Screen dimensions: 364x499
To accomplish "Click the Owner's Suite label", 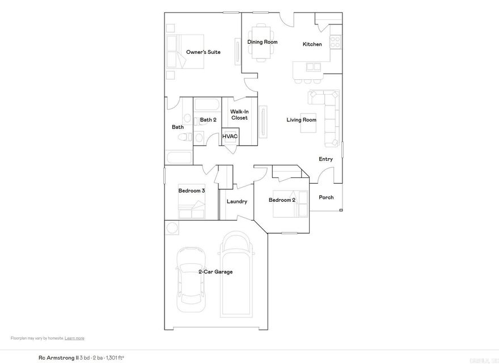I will click(203, 52).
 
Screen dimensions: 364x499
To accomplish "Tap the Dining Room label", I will click(263, 42).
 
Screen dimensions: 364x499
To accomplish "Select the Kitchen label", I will click(312, 44).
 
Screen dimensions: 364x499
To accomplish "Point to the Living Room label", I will click(301, 120).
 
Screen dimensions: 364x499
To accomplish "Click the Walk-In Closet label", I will click(239, 115).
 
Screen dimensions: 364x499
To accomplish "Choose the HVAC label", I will click(230, 137).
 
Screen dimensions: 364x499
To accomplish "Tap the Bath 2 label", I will click(208, 120).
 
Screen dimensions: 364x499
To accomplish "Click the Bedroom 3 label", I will click(191, 191).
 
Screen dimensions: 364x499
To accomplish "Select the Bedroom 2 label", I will click(282, 200).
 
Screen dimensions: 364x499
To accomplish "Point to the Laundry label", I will click(236, 202).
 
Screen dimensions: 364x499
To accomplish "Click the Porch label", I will click(326, 197).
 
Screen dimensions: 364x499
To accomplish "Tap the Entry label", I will click(325, 159).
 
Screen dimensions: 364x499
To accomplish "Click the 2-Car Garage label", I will click(215, 272).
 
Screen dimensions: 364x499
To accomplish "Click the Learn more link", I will click(74, 338).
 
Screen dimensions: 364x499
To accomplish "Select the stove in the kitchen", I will click(335, 41).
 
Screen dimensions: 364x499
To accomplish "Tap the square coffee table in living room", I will click(308, 123).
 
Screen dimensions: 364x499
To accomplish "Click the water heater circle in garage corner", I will click(171, 227).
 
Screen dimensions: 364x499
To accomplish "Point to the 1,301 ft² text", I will click(115, 358).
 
